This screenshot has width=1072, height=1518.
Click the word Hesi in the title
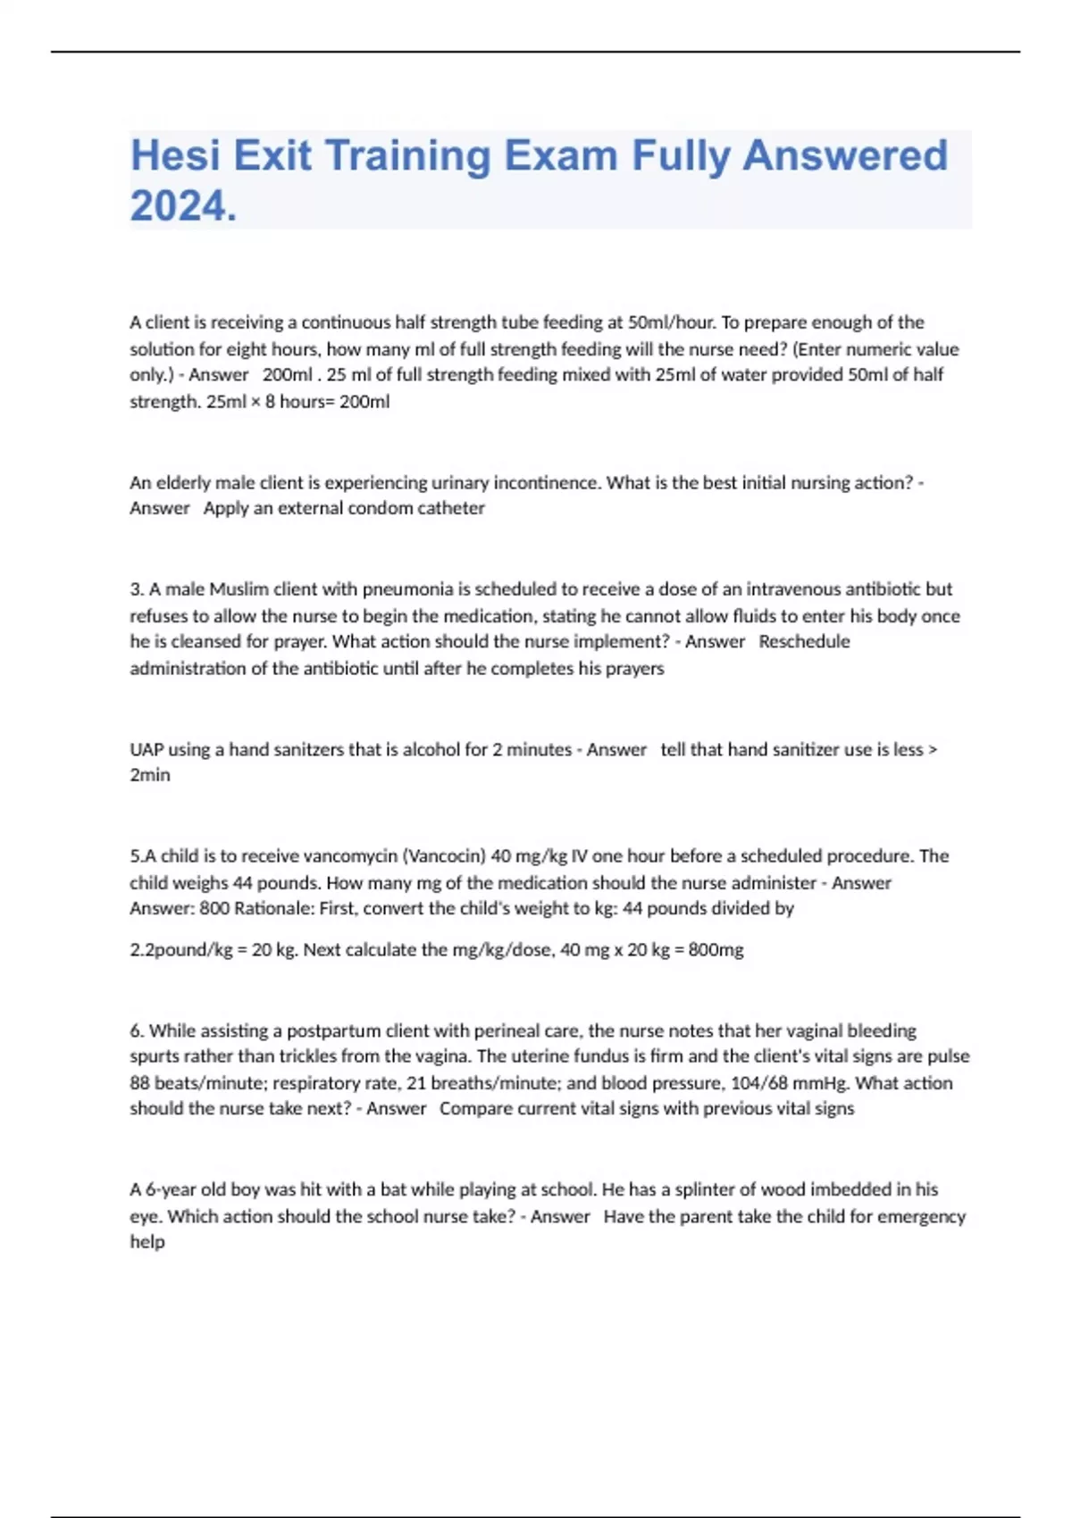coord(175,155)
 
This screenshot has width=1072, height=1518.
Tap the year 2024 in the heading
coord(183,207)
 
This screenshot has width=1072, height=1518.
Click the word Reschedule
coord(804,642)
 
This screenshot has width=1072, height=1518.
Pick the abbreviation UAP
coord(147,750)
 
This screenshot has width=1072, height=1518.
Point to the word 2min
coord(150,775)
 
